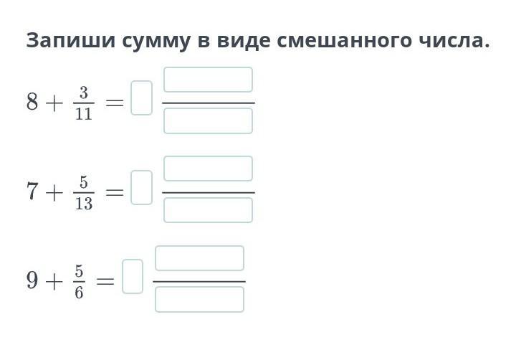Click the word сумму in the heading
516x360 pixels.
point(148,41)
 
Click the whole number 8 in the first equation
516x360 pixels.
point(32,103)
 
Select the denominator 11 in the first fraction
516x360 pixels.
point(83,113)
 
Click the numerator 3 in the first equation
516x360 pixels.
point(83,93)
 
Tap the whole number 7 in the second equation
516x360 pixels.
point(32,192)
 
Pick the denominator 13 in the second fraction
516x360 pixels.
point(83,204)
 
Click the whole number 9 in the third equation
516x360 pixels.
point(32,280)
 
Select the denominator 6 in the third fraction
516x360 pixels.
point(79,292)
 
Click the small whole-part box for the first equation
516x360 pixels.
point(142,98)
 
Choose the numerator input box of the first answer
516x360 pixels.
point(208,80)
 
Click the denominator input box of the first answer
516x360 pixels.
point(208,121)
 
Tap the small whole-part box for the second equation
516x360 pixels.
point(142,187)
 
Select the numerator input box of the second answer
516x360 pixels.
point(208,169)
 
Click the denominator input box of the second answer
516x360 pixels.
point(208,210)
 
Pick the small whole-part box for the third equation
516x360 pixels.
point(133,276)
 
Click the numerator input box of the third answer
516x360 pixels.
point(199,258)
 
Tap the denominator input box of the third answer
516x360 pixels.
point(199,300)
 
